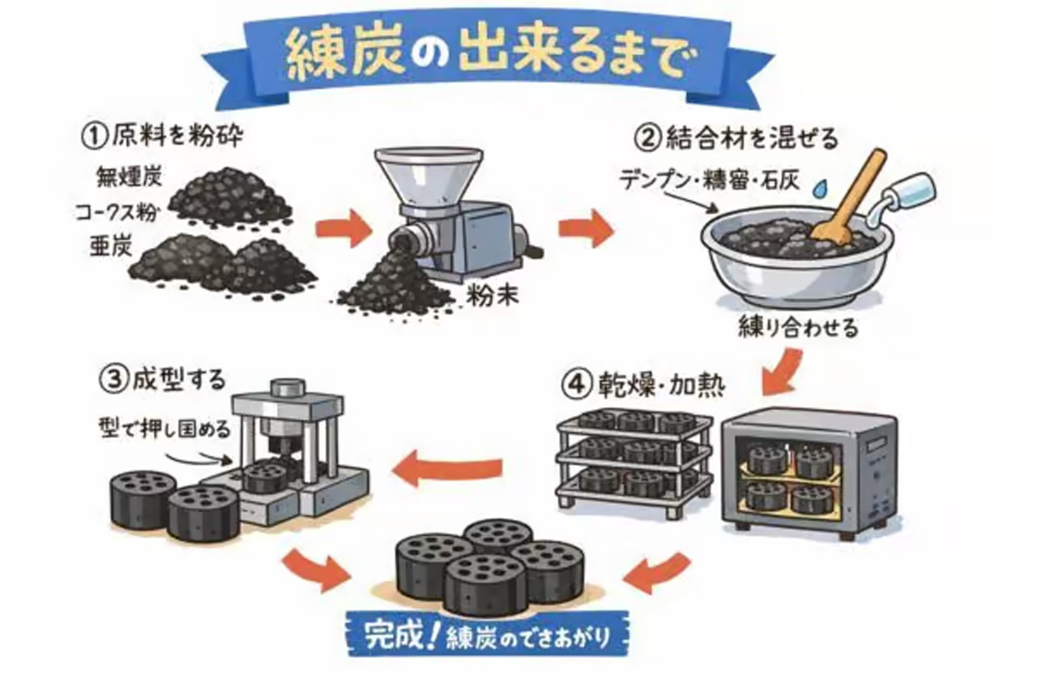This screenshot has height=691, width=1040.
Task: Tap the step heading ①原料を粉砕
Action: coord(155,136)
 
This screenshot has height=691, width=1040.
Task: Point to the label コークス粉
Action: coord(123,213)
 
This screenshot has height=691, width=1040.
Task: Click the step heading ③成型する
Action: coord(165,378)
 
